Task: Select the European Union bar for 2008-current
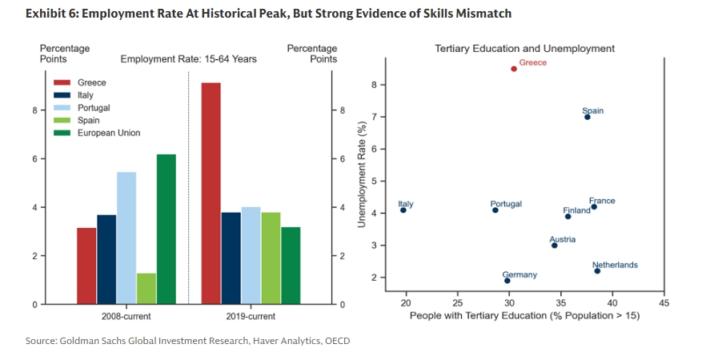click(166, 229)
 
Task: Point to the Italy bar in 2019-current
click(231, 258)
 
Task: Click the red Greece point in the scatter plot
click(514, 69)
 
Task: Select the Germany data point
click(507, 281)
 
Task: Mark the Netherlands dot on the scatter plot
click(597, 271)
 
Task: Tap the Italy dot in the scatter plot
click(403, 210)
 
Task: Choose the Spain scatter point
click(587, 117)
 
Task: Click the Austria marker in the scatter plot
click(554, 246)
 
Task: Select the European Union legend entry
click(108, 133)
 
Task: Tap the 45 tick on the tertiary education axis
click(663, 304)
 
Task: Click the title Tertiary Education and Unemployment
click(524, 49)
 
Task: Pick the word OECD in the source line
click(337, 341)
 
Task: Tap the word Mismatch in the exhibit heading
click(483, 14)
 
